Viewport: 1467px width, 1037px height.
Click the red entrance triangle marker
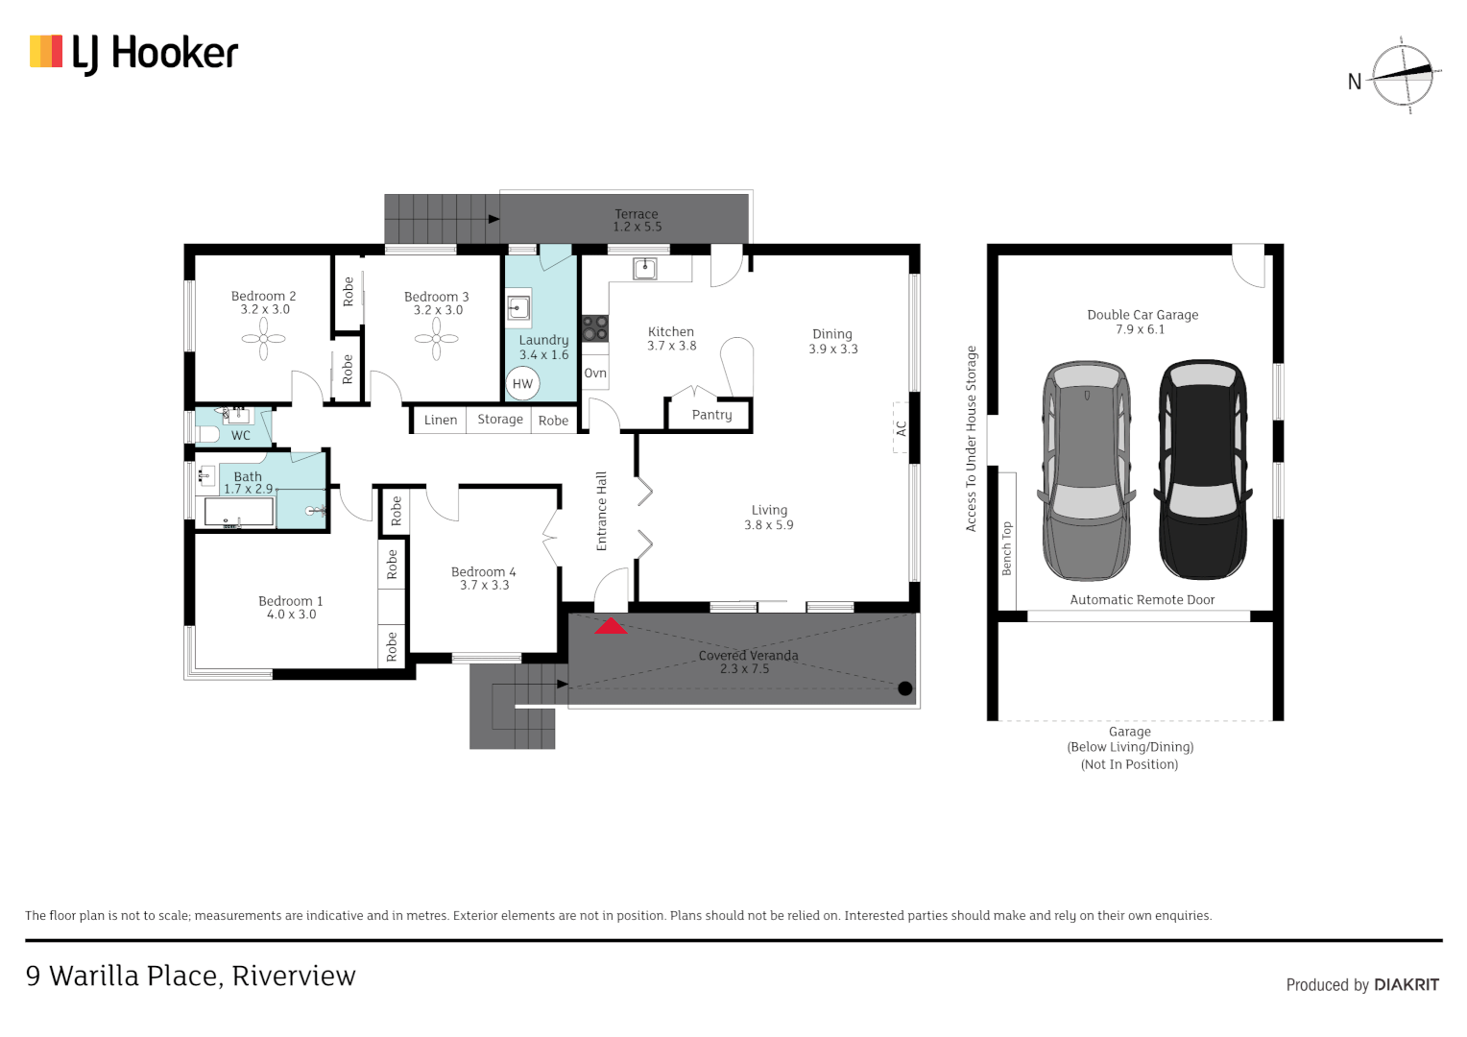click(611, 626)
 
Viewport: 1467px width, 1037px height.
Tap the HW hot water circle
click(522, 384)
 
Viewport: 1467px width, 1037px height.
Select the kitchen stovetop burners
click(595, 328)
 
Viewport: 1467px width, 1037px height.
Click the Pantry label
click(711, 415)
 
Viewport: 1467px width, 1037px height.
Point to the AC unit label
click(902, 428)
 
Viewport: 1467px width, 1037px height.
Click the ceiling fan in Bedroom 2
click(263, 339)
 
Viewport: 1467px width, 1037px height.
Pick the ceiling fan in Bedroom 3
click(436, 339)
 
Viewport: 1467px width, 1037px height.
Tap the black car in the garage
click(1203, 469)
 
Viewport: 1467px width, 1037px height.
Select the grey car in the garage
click(1087, 470)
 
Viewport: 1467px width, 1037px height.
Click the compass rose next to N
click(1403, 75)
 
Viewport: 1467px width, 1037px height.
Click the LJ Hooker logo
click(133, 53)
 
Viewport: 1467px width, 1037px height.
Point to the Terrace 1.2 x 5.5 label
click(637, 220)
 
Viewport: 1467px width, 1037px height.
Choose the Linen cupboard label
click(440, 420)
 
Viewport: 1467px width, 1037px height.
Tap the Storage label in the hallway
click(499, 420)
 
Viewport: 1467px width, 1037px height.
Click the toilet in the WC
click(207, 434)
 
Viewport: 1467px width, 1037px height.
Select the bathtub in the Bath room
click(239, 512)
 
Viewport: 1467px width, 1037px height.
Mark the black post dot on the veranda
click(905, 688)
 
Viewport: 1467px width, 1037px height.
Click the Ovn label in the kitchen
click(595, 374)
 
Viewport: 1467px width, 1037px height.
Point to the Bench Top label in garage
click(1006, 549)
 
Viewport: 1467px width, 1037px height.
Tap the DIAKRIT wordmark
click(1407, 984)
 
